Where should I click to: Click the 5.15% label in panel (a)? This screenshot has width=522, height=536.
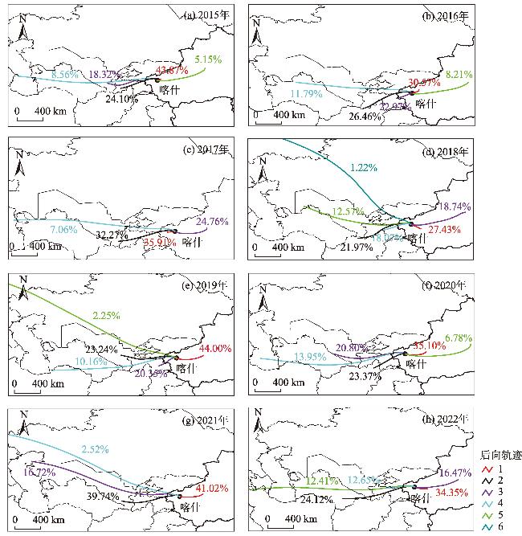[x=207, y=59]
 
